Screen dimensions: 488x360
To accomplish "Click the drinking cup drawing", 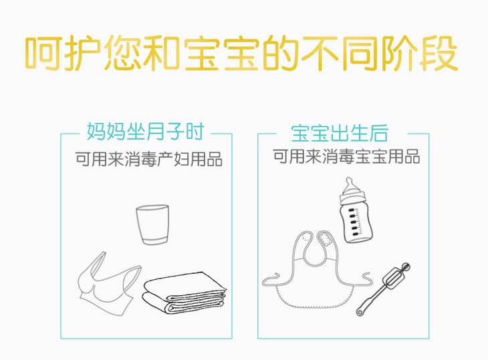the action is (x=152, y=224).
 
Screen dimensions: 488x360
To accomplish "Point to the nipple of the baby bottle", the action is (x=350, y=184).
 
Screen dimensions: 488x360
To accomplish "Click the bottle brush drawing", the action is (x=384, y=289).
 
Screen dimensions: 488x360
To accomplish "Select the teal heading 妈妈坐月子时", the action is (x=145, y=132).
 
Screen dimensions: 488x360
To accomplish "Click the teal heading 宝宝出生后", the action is (x=340, y=133).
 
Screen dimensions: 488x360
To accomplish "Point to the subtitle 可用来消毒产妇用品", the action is (x=149, y=159).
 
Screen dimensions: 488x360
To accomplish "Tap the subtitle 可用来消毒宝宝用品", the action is (x=346, y=156).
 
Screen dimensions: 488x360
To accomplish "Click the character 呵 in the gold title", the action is (x=43, y=53).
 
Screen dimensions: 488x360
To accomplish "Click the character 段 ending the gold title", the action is (x=439, y=53).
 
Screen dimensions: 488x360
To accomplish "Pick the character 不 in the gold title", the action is (x=320, y=53).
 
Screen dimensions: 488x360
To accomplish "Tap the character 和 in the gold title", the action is (x=162, y=53).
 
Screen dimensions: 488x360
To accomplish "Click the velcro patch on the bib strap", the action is (x=326, y=238).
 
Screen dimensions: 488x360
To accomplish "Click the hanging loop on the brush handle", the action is (x=360, y=311).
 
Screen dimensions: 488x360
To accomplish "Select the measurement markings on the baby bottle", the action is (x=356, y=221).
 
